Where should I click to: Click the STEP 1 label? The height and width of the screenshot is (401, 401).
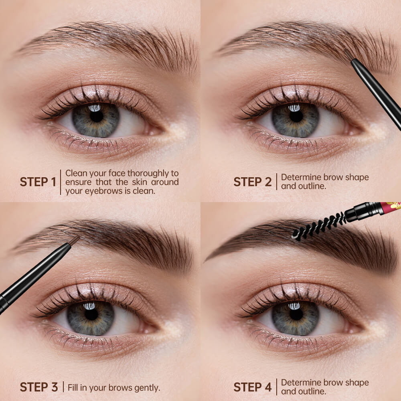(x=38, y=182)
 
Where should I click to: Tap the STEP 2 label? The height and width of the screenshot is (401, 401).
(x=252, y=182)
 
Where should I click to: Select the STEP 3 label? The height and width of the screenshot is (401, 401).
(x=39, y=387)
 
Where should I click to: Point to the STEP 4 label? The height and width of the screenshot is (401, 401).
(x=252, y=387)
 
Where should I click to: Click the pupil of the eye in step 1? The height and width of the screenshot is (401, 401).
(x=96, y=116)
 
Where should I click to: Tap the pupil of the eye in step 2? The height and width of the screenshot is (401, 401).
(x=296, y=116)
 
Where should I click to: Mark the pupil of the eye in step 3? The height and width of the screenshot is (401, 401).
(x=91, y=314)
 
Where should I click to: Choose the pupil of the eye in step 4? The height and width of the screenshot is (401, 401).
(x=296, y=314)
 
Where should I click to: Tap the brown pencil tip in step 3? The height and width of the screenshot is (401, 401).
(x=75, y=240)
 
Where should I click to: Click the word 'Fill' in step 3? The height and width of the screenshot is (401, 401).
(x=73, y=387)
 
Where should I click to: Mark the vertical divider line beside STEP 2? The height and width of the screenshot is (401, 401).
(x=277, y=182)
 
